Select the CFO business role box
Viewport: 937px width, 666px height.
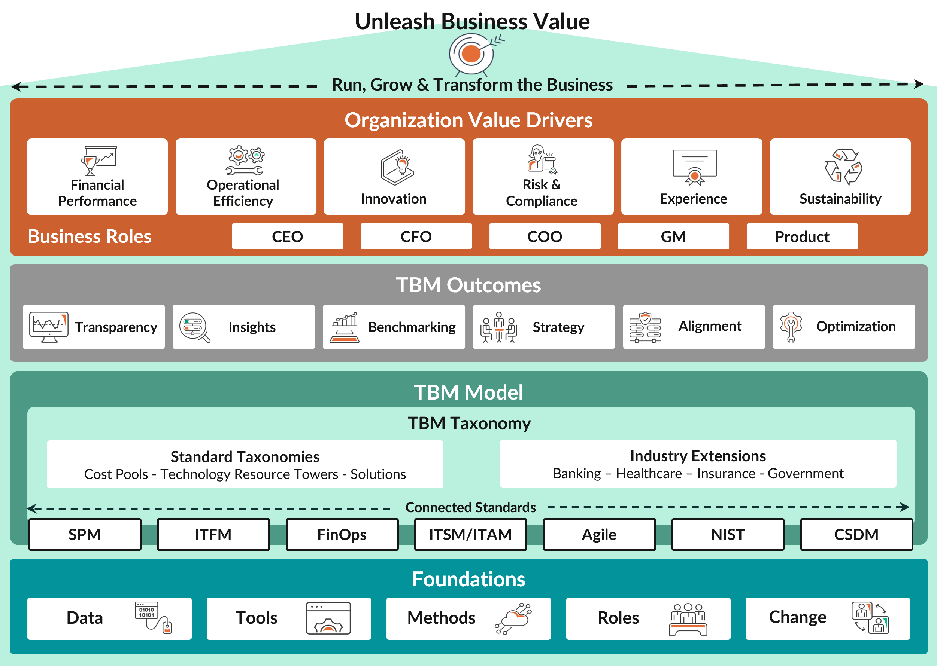pos(416,236)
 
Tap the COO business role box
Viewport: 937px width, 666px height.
pos(545,236)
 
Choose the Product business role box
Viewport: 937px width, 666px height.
pos(801,236)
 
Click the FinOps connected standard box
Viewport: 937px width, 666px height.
pos(342,534)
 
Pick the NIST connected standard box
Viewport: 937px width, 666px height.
pos(727,534)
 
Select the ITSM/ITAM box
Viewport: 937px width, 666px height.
pos(470,534)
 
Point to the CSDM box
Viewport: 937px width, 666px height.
pos(856,534)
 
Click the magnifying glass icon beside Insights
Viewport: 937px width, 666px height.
pos(194,327)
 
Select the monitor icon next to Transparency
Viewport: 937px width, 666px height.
pos(48,327)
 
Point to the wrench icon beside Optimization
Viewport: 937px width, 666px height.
pos(791,326)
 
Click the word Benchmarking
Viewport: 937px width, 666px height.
pos(412,327)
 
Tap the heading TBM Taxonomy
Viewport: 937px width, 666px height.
pos(469,423)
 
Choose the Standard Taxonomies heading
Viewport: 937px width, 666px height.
pos(245,456)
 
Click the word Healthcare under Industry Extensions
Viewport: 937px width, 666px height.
pos(649,474)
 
